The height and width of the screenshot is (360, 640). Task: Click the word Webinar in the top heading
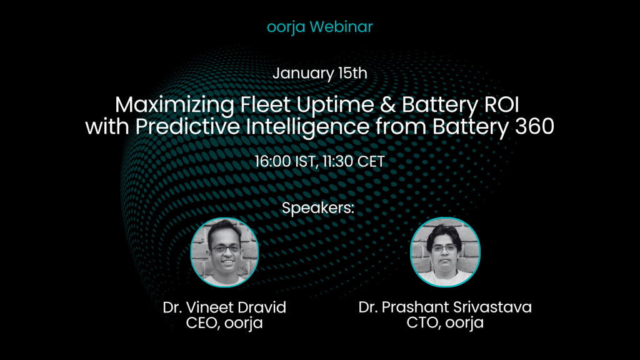pos(341,26)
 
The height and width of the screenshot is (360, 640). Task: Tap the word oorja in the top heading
pos(286,27)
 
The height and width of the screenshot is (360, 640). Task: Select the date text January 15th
pos(320,74)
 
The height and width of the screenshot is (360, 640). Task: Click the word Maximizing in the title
pos(175,105)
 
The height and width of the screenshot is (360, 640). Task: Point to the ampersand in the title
pos(387,105)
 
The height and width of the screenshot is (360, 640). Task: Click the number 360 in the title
pos(535,126)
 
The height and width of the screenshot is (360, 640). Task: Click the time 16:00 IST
pos(285,162)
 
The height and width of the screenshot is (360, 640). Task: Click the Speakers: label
pos(318,208)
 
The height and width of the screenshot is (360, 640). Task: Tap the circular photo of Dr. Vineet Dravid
pos(224,252)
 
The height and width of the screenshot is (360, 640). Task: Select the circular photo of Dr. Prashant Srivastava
pos(445,252)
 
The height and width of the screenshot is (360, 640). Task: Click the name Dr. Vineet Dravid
pos(224,307)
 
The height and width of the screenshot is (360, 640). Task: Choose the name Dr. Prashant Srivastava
pos(445,307)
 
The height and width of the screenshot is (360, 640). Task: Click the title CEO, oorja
pos(224,323)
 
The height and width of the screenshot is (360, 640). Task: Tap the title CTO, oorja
pos(445,323)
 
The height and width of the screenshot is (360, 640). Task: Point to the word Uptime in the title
pos(335,106)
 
